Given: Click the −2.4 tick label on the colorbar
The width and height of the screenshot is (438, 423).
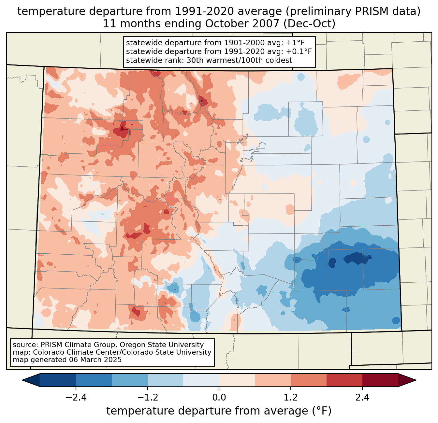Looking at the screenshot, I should pos(76,398).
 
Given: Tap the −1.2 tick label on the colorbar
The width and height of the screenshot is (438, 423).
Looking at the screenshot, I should pos(147,398).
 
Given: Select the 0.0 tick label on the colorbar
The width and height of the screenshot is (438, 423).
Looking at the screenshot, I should pos(219,398).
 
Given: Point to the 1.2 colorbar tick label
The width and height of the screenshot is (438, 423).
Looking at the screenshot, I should pos(291,398).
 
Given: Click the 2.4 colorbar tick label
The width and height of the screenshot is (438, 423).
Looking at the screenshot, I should pos(362,398).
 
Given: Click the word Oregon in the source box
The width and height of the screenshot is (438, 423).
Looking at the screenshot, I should pos(130,345).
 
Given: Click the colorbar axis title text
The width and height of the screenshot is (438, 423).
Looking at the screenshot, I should pos(219,411).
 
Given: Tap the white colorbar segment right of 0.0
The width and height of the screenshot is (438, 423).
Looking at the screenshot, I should pos(237,380).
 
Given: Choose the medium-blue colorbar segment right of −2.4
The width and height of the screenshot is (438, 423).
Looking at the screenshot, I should pos(94,380).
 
